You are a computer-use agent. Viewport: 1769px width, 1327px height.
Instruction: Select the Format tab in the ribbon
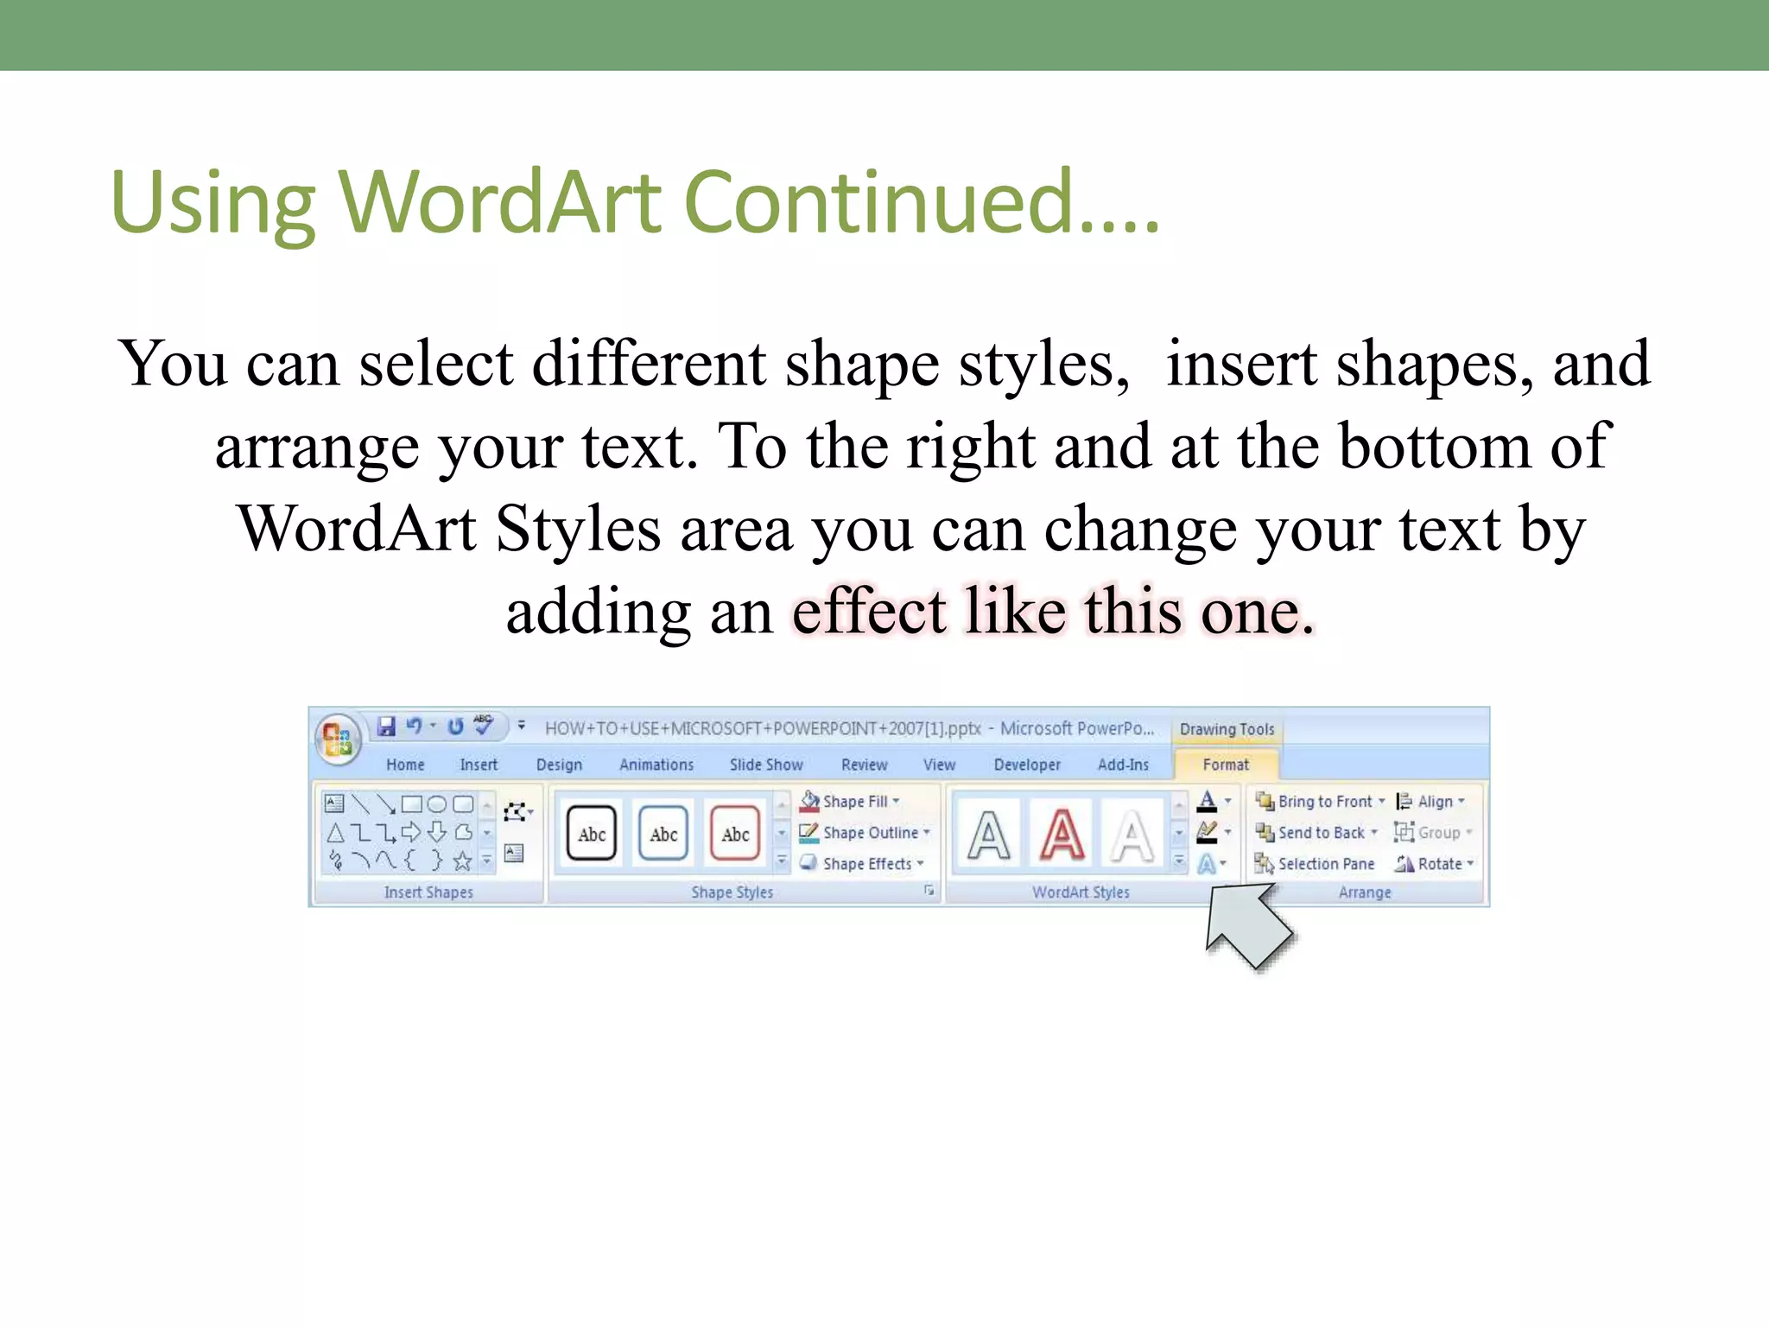point(1225,765)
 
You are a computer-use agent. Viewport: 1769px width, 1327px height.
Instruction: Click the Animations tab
point(656,765)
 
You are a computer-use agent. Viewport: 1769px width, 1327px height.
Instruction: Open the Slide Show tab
point(765,765)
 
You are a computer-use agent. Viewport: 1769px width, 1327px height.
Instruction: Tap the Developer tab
point(1026,765)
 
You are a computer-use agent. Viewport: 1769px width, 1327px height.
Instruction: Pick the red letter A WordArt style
point(1062,835)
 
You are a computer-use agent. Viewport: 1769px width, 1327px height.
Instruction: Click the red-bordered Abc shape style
point(735,834)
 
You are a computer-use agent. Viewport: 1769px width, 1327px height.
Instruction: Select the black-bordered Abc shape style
point(592,834)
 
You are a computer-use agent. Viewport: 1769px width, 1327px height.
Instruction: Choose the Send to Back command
point(1316,832)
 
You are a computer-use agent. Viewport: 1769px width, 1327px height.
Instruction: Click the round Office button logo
point(337,740)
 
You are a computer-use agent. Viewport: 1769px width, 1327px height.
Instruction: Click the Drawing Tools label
point(1227,729)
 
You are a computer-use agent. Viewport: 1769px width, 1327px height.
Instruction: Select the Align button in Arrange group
point(1430,801)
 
